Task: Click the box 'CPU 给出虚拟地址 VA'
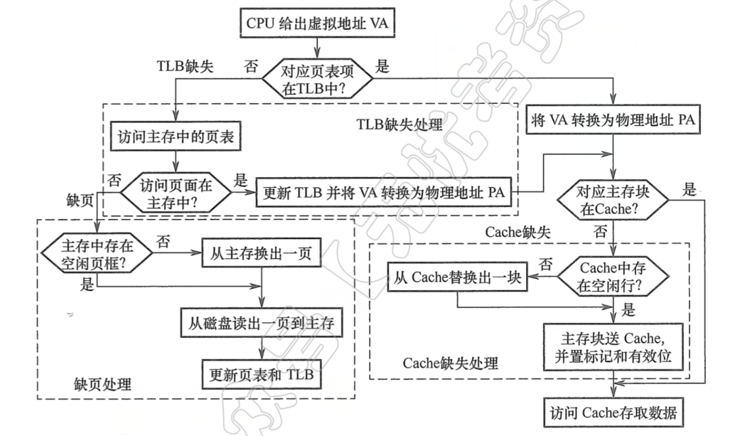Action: point(316,24)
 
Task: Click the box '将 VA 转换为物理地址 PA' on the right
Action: point(612,120)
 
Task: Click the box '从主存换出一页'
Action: point(262,252)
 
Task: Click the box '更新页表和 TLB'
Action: point(263,372)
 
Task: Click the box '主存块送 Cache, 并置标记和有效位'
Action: point(612,346)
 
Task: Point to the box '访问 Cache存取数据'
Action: point(612,413)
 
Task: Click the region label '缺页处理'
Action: point(103,385)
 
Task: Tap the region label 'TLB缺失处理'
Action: point(399,125)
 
